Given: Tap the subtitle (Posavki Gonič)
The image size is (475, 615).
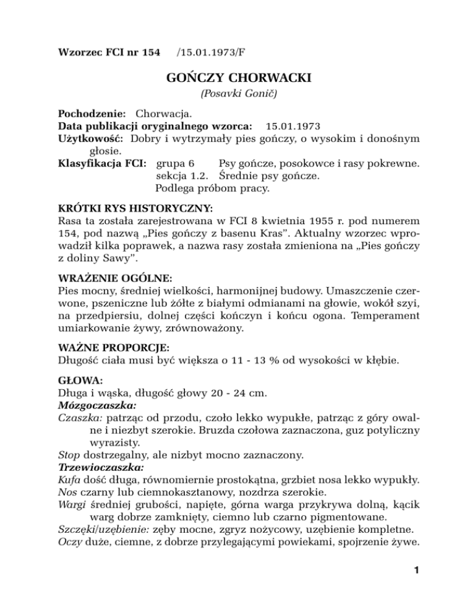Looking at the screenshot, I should click(237, 97).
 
